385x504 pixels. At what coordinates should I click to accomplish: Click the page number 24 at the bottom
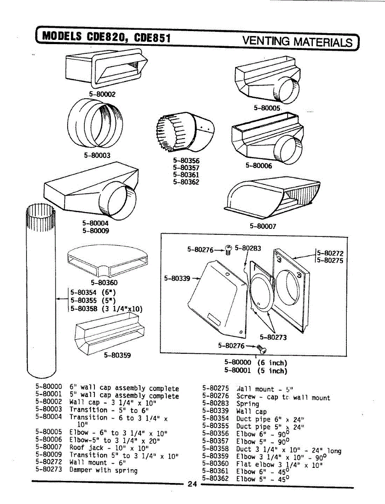192,484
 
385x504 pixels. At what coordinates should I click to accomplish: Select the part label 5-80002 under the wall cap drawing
102,94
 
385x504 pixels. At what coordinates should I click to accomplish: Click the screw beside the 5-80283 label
229,249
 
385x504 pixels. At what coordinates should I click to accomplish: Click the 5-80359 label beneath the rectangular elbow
117,355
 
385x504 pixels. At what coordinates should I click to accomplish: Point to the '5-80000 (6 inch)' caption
255,362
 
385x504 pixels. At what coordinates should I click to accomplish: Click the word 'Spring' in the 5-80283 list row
248,404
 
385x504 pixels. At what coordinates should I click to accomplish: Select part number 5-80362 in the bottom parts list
215,478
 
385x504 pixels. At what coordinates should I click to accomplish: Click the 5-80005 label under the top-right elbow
267,108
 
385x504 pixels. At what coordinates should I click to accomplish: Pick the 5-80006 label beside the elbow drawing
259,165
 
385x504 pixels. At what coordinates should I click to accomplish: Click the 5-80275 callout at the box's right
330,260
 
